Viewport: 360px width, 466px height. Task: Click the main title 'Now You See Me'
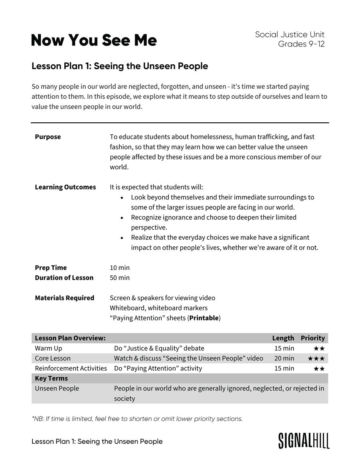coord(94,40)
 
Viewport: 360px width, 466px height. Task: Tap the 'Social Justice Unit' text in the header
coord(290,34)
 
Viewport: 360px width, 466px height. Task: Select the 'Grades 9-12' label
coord(301,44)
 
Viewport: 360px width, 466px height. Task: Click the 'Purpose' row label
coord(48,137)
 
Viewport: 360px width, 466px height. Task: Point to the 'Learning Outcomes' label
coord(65,187)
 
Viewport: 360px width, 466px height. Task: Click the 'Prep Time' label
coord(51,268)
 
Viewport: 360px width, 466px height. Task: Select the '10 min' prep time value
coord(120,268)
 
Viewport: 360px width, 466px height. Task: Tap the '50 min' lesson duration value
coord(120,278)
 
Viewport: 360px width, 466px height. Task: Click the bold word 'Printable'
coord(204,318)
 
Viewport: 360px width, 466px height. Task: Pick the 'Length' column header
coord(283,338)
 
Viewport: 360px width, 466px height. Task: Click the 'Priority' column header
coord(313,338)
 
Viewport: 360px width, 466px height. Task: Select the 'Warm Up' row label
coord(48,348)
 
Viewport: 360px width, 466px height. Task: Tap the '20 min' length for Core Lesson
coord(284,358)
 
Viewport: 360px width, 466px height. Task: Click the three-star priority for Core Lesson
coord(316,358)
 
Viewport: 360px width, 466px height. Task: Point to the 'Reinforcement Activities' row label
coord(71,368)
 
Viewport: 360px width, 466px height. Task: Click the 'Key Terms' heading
coord(51,378)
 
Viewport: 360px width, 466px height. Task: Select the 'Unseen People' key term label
coord(57,388)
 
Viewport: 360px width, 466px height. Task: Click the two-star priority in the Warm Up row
coord(319,349)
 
